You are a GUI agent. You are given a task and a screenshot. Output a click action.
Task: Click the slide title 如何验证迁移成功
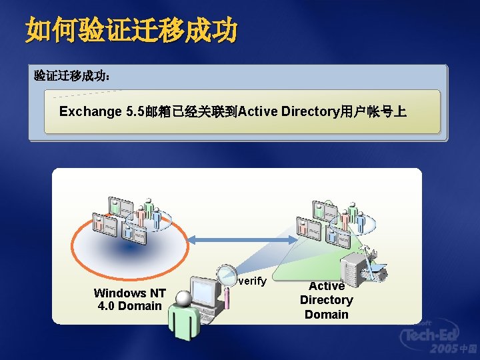131,30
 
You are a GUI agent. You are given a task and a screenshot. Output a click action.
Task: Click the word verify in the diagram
252,282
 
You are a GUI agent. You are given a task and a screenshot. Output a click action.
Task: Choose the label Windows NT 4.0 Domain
129,299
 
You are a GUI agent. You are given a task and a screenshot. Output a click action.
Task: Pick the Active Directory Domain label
326,300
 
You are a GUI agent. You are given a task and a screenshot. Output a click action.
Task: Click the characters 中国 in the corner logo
468,349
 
